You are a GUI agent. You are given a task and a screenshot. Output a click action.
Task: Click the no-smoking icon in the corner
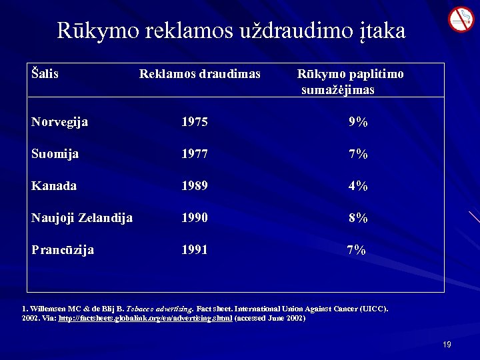click(460, 19)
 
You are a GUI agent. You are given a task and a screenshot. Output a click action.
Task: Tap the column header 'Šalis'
click(45, 73)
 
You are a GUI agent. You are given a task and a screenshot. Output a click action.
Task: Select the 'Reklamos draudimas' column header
click(199, 73)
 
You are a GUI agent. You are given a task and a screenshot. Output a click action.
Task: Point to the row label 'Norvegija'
click(59, 122)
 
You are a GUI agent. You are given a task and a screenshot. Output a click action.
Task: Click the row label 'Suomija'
click(55, 154)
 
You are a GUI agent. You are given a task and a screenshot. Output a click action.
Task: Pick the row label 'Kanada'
click(53, 186)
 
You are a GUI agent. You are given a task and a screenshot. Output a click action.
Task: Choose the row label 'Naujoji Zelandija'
click(81, 218)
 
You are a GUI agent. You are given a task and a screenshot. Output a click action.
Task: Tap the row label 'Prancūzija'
click(62, 250)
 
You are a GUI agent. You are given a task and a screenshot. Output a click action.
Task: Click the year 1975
click(194, 122)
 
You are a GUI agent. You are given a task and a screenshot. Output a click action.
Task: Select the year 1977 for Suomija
click(194, 154)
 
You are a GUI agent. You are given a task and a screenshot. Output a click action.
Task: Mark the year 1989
click(194, 186)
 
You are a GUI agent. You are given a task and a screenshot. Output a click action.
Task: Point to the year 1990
click(194, 218)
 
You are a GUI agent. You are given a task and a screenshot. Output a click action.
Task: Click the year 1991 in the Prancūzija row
click(194, 250)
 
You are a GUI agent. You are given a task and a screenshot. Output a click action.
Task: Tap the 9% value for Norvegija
click(357, 122)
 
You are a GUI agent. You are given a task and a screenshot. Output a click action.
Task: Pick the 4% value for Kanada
click(357, 186)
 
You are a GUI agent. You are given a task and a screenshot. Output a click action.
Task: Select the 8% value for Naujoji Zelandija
click(357, 218)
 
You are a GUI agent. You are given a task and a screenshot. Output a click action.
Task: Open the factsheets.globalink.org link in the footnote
click(145, 319)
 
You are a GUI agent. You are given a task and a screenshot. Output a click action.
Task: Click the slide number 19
click(447, 345)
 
